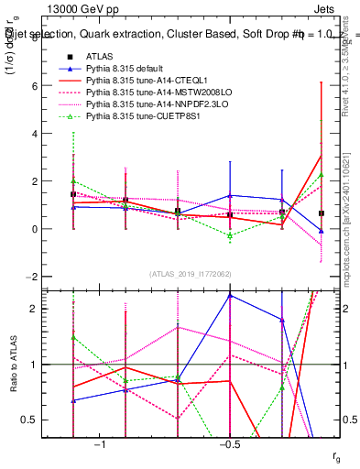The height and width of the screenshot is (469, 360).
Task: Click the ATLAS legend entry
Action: tap(98, 57)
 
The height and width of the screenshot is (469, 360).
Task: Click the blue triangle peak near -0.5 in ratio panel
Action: tap(230, 296)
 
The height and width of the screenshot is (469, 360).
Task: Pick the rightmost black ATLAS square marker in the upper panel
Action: tap(321, 213)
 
